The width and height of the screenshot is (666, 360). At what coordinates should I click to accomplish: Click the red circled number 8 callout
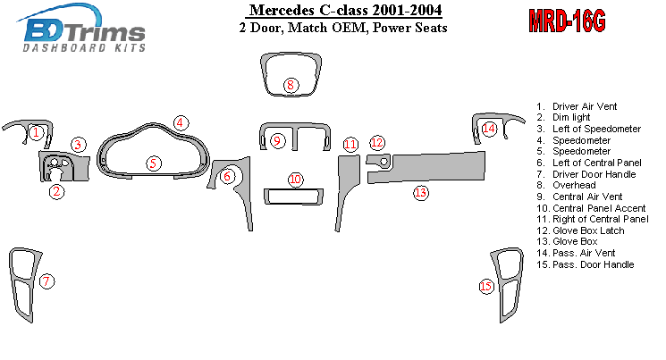pyautogui.click(x=291, y=85)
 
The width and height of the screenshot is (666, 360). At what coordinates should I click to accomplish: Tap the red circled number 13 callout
pyautogui.click(x=420, y=193)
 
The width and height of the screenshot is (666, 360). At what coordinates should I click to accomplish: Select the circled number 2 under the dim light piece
pyautogui.click(x=56, y=192)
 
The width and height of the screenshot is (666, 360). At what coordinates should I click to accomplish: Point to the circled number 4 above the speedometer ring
pyautogui.click(x=181, y=123)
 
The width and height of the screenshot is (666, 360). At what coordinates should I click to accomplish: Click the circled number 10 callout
pyautogui.click(x=296, y=180)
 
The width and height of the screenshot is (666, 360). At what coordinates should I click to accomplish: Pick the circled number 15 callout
pyautogui.click(x=486, y=287)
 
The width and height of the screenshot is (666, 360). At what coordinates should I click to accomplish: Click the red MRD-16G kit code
pyautogui.click(x=567, y=21)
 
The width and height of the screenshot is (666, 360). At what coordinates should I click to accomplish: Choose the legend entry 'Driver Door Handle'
pyautogui.click(x=586, y=174)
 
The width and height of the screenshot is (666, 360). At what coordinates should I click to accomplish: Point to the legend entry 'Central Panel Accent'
pyautogui.click(x=591, y=208)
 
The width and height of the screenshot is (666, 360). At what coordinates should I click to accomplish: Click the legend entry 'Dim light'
pyautogui.click(x=563, y=117)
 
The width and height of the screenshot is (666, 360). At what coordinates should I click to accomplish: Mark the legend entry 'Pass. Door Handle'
pyautogui.click(x=586, y=264)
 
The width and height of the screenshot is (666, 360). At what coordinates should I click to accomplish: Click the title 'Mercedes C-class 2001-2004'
pyautogui.click(x=345, y=10)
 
